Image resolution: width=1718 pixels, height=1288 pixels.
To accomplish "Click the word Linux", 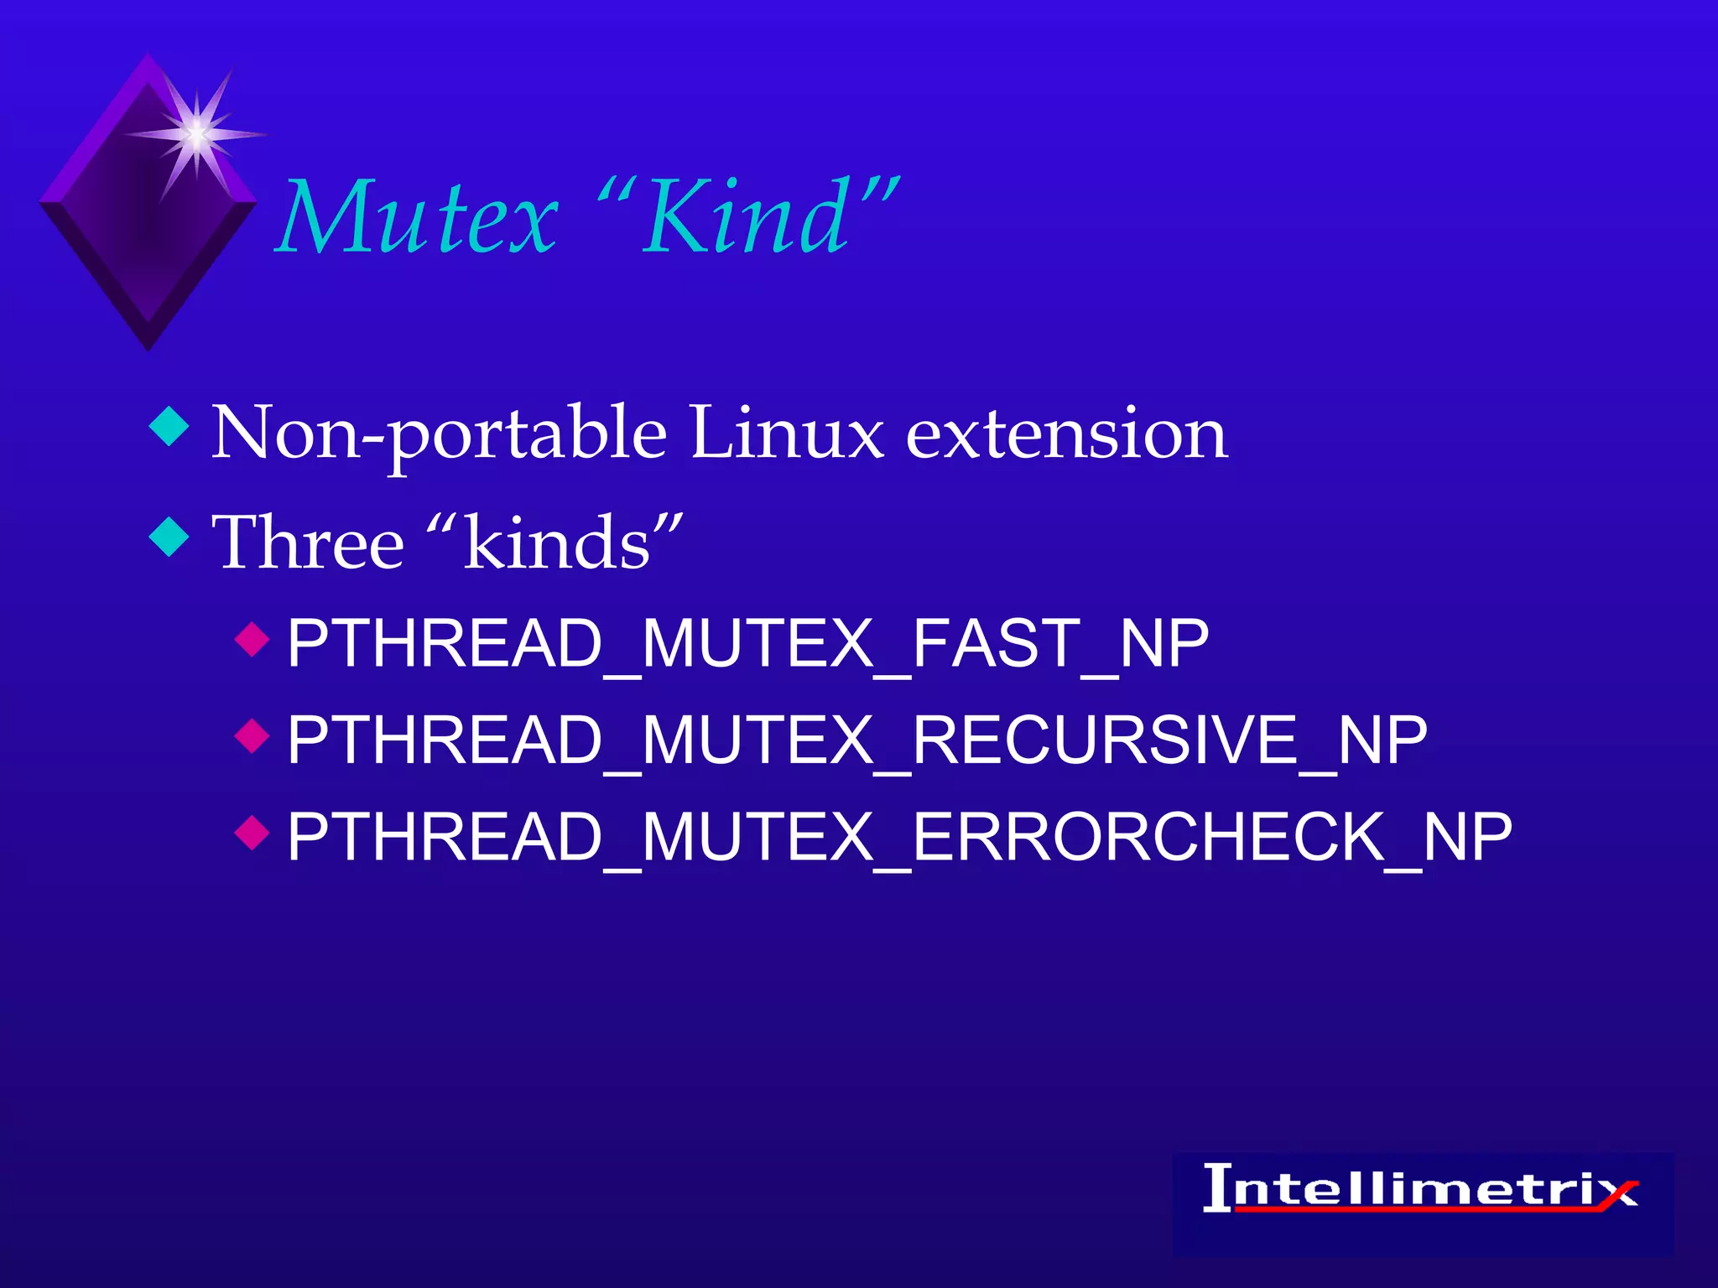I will pos(787,434).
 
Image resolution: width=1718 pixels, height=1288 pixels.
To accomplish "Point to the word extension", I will pos(1067,434).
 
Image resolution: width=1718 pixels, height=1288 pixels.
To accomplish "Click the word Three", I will pos(309,543).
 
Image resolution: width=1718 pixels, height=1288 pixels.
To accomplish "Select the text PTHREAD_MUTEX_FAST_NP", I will pos(747,644).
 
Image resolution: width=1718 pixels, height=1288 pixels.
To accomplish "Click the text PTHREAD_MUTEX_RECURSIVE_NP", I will pos(856,741).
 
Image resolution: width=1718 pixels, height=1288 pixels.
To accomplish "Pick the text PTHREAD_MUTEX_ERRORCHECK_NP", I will pos(899,837).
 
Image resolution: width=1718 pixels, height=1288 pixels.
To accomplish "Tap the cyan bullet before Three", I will pos(169,537).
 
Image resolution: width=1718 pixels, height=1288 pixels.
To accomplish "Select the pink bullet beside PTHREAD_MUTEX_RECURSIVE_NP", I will pos(252,736).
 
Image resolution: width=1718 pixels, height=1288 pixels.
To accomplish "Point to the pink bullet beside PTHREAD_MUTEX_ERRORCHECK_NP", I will pos(252,833).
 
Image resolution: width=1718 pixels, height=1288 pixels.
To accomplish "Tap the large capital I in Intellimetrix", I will pos(1218,1187).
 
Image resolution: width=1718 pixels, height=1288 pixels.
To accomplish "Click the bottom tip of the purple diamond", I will pos(149,345).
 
